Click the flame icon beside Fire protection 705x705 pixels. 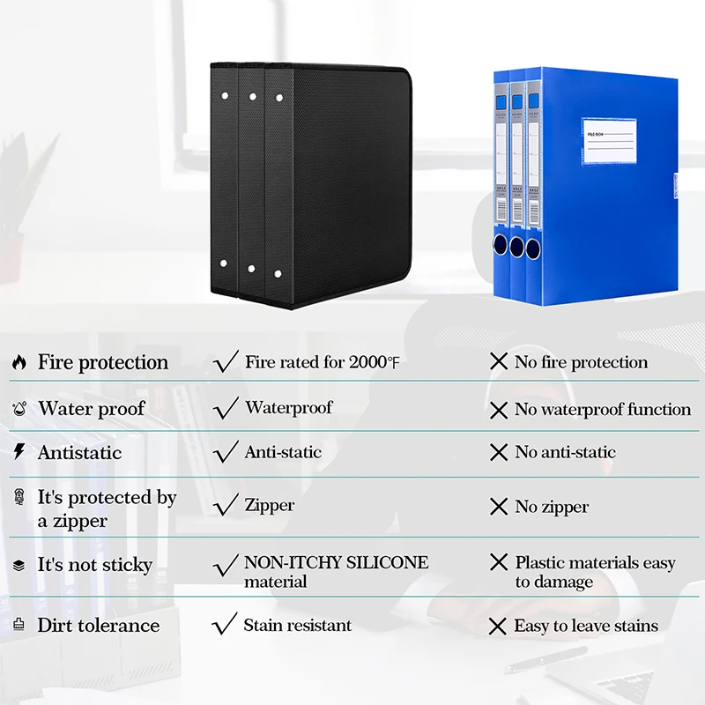click(x=19, y=362)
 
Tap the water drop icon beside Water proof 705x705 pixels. click(x=19, y=409)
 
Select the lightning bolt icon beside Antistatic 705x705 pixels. click(x=19, y=452)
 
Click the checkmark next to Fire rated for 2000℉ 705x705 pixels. click(x=226, y=361)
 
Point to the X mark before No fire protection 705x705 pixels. click(x=499, y=362)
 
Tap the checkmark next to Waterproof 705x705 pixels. click(x=226, y=407)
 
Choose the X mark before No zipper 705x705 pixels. click(x=499, y=507)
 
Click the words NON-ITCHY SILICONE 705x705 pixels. click(x=336, y=562)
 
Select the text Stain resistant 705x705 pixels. click(x=297, y=625)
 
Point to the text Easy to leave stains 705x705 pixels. click(x=586, y=626)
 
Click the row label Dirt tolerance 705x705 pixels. click(x=98, y=625)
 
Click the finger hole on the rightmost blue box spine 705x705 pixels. click(x=533, y=247)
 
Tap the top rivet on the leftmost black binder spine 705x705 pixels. click(x=224, y=93)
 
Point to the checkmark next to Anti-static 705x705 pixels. click(x=226, y=452)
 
